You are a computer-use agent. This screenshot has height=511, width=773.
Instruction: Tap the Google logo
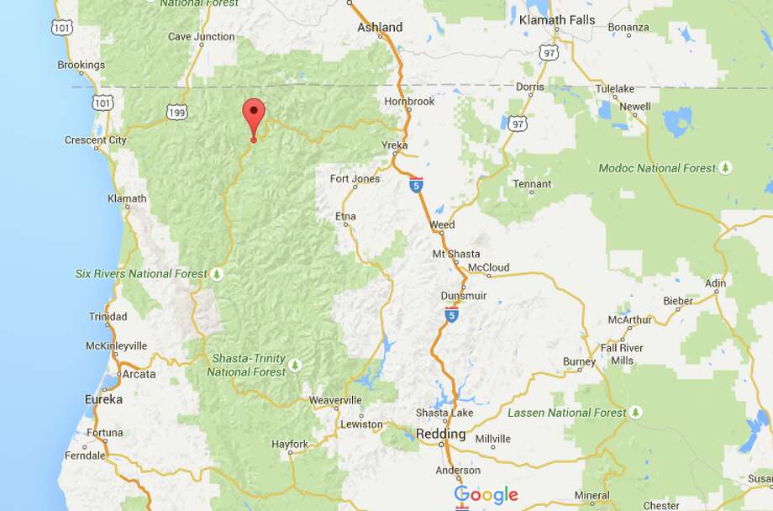pos(485,495)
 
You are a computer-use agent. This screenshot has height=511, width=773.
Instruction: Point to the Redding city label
pos(441,434)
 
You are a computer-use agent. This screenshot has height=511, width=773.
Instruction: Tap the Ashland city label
pos(380,27)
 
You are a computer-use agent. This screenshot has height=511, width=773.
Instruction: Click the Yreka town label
pos(394,145)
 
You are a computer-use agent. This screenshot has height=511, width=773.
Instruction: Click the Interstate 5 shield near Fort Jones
pos(416,185)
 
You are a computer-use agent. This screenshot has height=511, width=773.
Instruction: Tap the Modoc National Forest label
pos(657,168)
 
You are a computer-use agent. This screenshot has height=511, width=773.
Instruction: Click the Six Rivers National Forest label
pos(141,274)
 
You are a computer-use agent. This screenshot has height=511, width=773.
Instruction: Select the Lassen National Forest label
pos(566,413)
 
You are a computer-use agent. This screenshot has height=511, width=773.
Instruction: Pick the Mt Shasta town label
pos(456,254)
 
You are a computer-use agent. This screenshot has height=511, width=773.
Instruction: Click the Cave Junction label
pos(202,37)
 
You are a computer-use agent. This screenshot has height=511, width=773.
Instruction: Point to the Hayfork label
pos(290,444)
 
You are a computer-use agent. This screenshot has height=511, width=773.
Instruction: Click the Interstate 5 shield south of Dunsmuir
pos(452,314)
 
